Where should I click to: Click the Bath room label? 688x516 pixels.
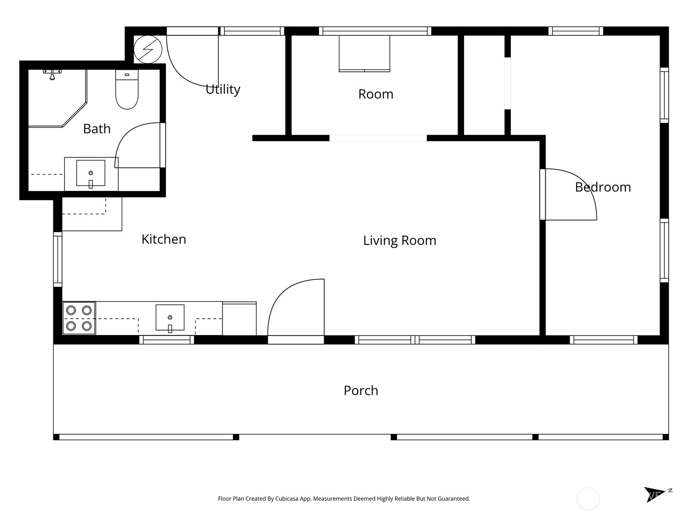point(97,129)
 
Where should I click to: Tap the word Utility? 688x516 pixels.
point(223,89)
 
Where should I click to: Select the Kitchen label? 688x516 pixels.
point(164,240)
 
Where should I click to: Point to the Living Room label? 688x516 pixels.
point(399,241)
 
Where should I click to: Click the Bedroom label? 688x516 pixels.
point(603,187)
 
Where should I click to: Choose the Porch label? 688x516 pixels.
point(361,391)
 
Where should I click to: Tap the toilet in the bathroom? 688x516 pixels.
point(127,89)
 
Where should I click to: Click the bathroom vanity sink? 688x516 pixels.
point(91,173)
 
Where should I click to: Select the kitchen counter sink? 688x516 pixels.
point(170,317)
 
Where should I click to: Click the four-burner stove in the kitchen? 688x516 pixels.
point(79,318)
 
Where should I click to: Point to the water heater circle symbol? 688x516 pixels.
point(148,49)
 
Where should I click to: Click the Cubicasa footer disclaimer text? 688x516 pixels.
point(344,498)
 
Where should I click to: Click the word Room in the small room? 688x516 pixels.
point(375,94)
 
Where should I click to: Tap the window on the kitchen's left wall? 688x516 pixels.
point(58,259)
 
